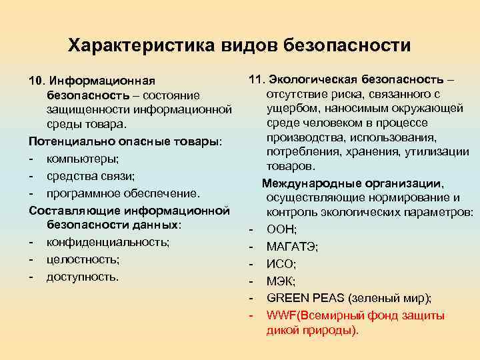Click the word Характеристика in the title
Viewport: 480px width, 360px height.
coord(139,45)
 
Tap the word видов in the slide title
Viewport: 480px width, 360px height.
coord(247,45)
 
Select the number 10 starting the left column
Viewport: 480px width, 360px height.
coord(35,81)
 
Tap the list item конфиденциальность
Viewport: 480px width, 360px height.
coord(108,242)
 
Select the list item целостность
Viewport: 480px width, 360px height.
coord(83,259)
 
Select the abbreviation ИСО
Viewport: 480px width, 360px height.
coord(281,264)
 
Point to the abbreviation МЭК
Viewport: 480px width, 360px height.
coord(281,281)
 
